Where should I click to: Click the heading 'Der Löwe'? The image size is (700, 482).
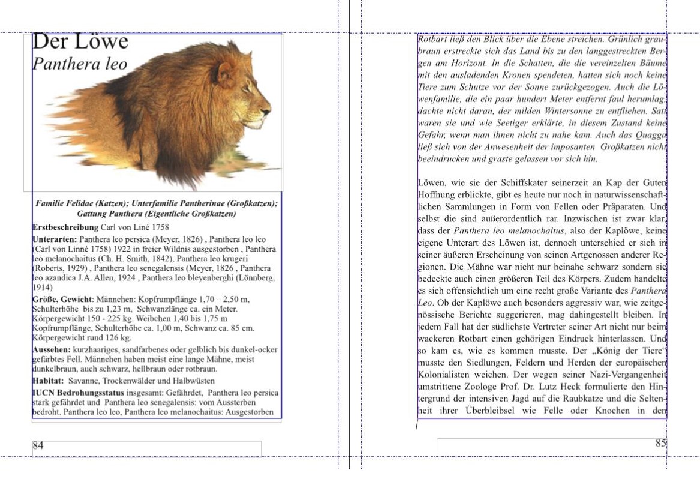tap(80, 41)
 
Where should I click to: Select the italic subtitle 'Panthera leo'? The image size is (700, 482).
tap(80, 64)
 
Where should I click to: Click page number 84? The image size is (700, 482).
tap(38, 445)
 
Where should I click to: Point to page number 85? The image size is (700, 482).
tap(660, 444)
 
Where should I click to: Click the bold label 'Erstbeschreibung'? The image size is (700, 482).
tap(65, 227)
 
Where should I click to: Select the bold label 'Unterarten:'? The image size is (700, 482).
tap(55, 239)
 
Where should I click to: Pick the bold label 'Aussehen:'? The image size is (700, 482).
tap(51, 349)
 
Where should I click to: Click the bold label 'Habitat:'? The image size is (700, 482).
tap(48, 381)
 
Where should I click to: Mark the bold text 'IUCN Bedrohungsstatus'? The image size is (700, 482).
tap(78, 393)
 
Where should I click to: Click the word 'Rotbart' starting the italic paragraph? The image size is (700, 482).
tap(431, 39)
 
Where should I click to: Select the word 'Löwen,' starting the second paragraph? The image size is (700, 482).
tap(432, 182)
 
